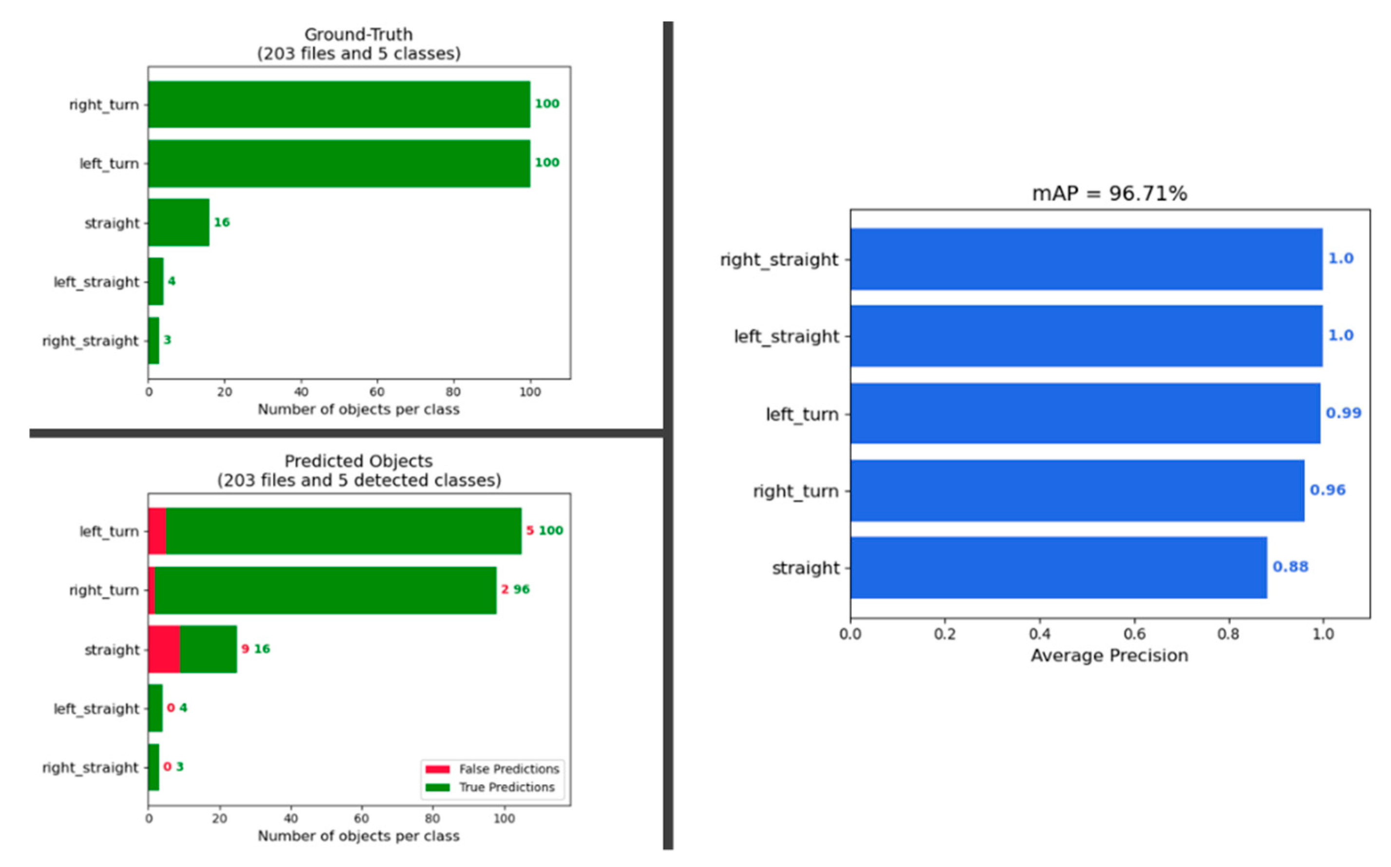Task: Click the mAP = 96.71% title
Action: [1109, 194]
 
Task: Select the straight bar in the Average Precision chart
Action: [1058, 567]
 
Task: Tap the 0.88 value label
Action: [1290, 567]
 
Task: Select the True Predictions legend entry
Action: [507, 787]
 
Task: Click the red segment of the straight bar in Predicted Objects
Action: [164, 649]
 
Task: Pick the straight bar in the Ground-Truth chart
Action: [178, 223]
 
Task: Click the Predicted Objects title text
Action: [358, 462]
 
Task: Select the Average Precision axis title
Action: [1109, 656]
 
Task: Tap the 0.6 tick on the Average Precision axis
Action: [1134, 634]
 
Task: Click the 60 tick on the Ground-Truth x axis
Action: [376, 392]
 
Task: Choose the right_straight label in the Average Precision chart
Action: [779, 260]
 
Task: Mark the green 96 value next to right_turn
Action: [521, 589]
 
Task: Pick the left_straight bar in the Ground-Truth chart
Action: [155, 282]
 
